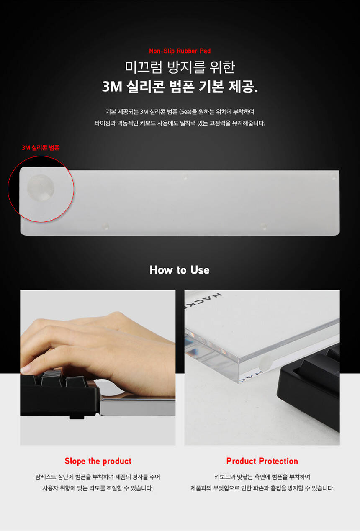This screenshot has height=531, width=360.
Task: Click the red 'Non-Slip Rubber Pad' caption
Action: [180, 51]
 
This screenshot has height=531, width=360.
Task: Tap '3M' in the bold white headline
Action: [112, 86]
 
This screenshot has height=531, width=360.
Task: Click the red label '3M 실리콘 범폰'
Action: [41, 148]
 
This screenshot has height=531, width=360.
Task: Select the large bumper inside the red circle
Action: [41, 188]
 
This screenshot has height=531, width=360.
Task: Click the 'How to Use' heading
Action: [180, 270]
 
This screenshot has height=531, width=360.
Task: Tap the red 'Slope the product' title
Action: [98, 461]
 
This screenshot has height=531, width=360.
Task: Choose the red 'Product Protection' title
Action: [262, 461]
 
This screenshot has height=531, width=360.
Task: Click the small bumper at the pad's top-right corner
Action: [334, 177]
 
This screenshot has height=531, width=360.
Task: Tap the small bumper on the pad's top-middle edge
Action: [185, 177]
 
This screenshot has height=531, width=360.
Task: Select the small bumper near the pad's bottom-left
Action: [106, 226]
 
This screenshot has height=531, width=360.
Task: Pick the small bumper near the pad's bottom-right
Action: [264, 226]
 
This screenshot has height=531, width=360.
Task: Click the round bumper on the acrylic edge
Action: [266, 363]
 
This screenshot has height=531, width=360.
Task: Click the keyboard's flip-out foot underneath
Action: [77, 417]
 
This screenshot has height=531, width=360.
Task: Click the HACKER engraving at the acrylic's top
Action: [203, 300]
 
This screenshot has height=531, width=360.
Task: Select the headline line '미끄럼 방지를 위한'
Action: [180, 67]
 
